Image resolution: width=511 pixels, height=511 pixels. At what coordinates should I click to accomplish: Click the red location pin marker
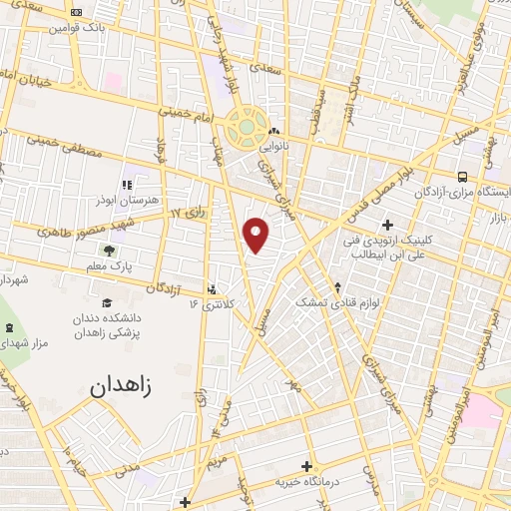(257, 235)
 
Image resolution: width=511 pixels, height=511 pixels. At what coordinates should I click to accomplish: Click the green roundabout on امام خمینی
(246, 127)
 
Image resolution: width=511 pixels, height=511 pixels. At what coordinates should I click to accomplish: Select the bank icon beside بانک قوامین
(79, 12)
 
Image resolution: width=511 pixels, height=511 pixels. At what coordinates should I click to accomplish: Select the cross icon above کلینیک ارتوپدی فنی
(386, 225)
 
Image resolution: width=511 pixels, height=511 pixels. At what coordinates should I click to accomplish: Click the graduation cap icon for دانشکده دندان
(106, 302)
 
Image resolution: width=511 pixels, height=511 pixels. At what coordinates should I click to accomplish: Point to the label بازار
(495, 216)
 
